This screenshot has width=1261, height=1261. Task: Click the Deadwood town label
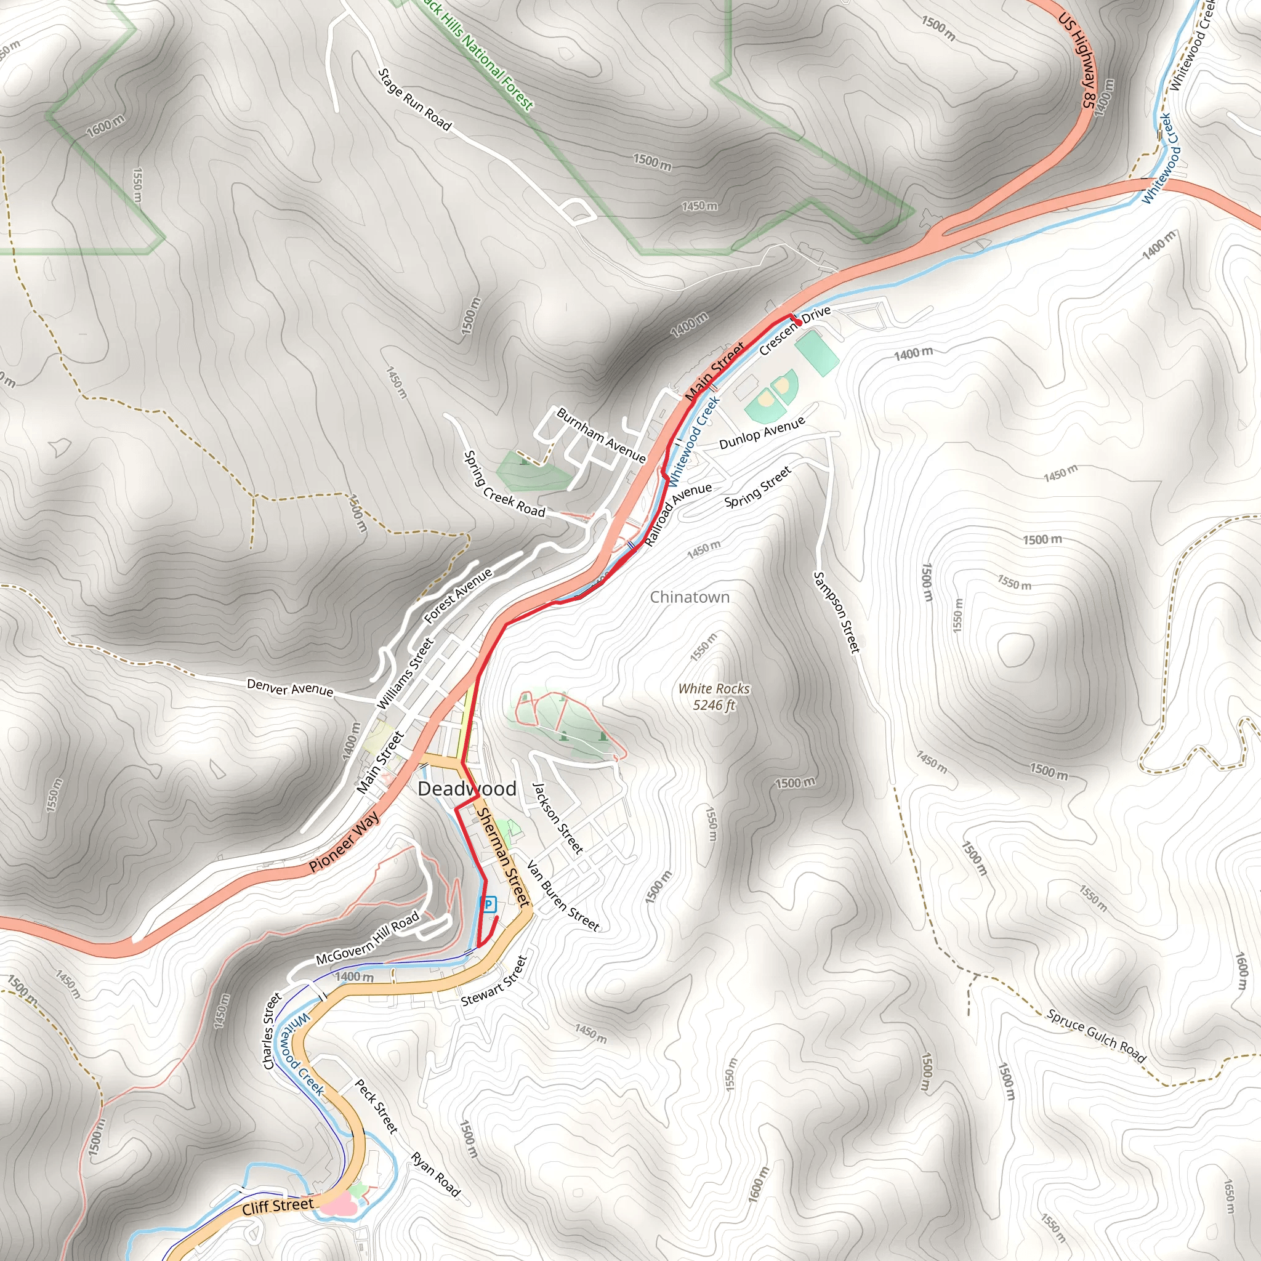[467, 789]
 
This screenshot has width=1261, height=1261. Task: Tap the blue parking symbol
[488, 904]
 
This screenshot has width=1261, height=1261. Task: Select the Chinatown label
[689, 597]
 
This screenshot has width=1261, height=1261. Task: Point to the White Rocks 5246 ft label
[714, 696]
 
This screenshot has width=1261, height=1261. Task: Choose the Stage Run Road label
[414, 99]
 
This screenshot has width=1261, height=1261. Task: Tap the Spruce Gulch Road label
[1096, 1035]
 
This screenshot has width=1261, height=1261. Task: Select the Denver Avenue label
[290, 687]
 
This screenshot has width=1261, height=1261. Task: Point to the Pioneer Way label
[344, 840]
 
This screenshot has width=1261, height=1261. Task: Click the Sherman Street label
[502, 856]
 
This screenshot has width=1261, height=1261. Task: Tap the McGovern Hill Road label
[368, 939]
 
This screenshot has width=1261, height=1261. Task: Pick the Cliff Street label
[278, 1206]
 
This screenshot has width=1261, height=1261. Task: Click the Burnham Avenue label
[601, 435]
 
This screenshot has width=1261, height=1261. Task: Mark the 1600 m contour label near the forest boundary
[105, 126]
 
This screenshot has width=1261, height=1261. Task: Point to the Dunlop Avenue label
[762, 434]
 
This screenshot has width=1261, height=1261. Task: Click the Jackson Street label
[557, 818]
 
